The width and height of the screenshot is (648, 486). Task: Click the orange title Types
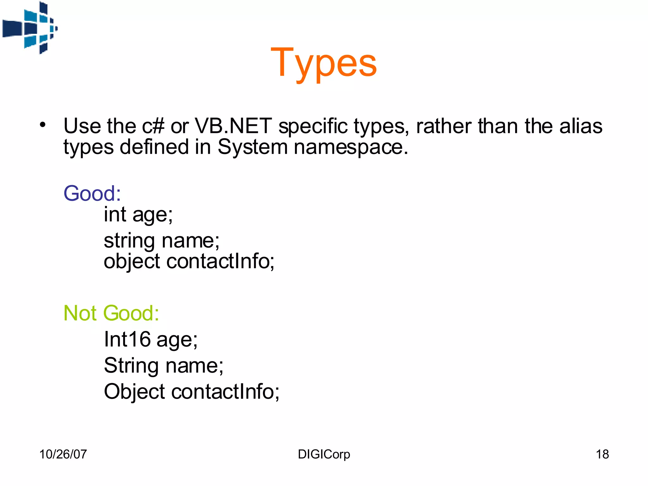point(324,63)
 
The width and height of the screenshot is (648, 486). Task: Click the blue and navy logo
point(30,28)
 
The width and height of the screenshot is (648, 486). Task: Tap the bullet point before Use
point(43,125)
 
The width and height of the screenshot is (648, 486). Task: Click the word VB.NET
point(233,126)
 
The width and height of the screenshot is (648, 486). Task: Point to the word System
point(252,147)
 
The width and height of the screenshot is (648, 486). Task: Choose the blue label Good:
point(92,193)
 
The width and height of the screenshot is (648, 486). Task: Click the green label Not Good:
point(111,313)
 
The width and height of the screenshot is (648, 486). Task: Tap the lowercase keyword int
point(115,215)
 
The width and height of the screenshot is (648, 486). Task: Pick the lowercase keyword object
point(132,262)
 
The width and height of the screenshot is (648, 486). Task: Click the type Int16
point(127,339)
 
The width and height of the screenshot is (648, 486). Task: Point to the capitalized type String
point(131,366)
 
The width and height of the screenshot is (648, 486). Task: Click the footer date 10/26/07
point(63,454)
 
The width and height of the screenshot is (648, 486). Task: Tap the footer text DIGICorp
point(324,454)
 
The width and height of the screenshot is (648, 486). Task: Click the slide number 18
point(602,454)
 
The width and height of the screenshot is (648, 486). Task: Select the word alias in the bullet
point(581,126)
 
